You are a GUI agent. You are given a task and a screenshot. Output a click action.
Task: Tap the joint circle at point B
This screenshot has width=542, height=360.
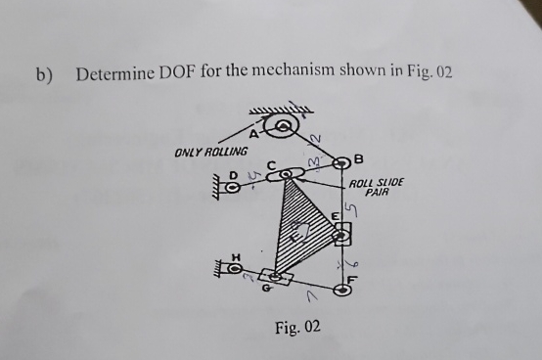342,161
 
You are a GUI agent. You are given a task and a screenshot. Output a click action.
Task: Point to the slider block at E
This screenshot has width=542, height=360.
341,233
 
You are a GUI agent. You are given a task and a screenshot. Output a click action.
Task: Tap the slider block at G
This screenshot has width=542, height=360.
279,278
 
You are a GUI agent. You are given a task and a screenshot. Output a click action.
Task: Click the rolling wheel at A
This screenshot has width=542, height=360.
284,124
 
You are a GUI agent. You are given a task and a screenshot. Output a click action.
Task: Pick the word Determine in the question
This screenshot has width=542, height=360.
114,74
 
